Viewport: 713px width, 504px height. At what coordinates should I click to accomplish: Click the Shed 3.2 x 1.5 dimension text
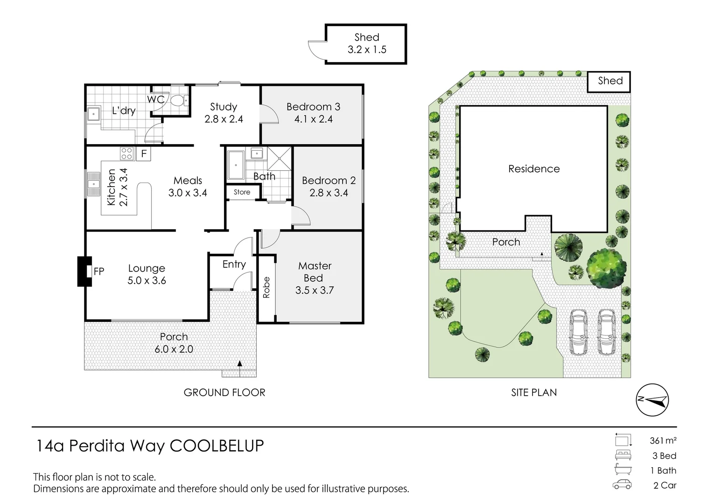tap(367, 49)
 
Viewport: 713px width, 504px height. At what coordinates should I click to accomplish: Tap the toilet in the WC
tap(180, 101)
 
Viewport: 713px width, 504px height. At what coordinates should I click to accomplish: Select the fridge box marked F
tap(144, 154)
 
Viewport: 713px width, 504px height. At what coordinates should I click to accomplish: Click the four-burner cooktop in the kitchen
tap(126, 154)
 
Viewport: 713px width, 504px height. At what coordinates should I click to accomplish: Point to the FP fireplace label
tap(99, 271)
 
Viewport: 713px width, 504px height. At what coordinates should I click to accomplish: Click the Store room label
tap(242, 192)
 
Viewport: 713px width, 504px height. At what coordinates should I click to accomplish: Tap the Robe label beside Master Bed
tap(266, 287)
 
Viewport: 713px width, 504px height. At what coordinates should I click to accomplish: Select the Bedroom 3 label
tap(313, 107)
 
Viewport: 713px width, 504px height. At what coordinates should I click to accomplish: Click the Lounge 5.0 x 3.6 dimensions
tap(147, 280)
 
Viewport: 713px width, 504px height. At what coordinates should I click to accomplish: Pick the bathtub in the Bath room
tap(236, 165)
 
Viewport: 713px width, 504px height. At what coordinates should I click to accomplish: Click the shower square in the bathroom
tap(279, 159)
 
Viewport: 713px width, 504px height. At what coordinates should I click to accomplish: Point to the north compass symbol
tap(652, 399)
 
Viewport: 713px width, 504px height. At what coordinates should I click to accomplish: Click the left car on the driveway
tap(578, 332)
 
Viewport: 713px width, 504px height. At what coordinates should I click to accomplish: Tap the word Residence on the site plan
tap(534, 169)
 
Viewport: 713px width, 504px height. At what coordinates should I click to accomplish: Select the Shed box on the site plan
tap(608, 82)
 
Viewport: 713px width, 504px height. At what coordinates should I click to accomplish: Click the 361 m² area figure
tap(663, 441)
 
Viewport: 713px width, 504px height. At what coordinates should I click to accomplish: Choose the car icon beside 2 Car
tap(622, 484)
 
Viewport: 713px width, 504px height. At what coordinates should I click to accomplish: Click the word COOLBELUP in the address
tap(217, 446)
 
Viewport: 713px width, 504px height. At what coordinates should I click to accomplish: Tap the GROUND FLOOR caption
tap(224, 392)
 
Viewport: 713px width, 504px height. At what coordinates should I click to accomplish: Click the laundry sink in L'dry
tap(93, 114)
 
